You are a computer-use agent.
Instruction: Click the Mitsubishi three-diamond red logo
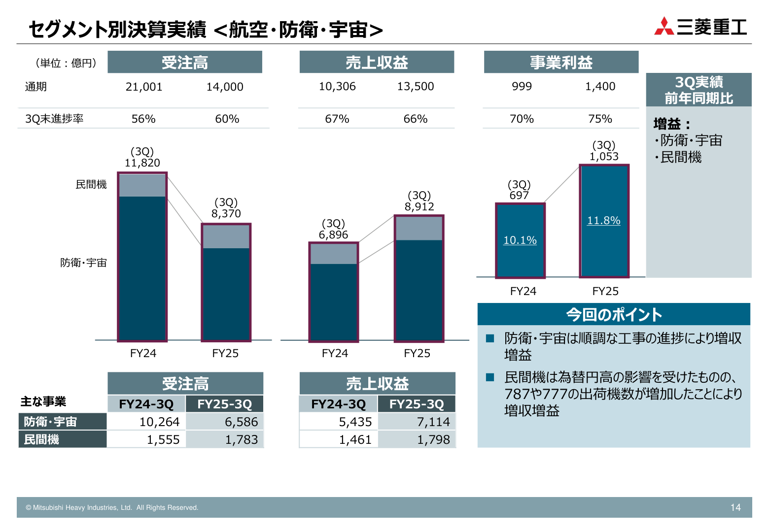click(664, 27)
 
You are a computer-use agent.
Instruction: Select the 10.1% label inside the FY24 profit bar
click(520, 240)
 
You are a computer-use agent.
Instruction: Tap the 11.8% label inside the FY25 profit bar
click(603, 221)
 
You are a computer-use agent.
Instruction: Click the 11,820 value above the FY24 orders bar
click(142, 163)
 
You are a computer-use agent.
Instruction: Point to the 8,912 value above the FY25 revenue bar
click(419, 207)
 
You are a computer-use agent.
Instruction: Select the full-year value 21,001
click(143, 87)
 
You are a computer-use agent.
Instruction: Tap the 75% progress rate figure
click(600, 119)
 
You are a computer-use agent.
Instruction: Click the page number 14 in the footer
click(735, 508)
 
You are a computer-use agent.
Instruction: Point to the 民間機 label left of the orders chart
click(91, 185)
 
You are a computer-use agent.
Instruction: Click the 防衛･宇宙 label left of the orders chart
click(83, 263)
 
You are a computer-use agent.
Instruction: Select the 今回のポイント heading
click(614, 315)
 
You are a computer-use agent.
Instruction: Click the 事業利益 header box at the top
click(561, 63)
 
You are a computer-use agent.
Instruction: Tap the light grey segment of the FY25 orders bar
click(226, 236)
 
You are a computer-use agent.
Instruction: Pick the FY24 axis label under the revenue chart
click(335, 354)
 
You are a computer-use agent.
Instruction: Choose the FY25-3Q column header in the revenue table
click(417, 404)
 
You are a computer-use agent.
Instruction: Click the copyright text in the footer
click(112, 508)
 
